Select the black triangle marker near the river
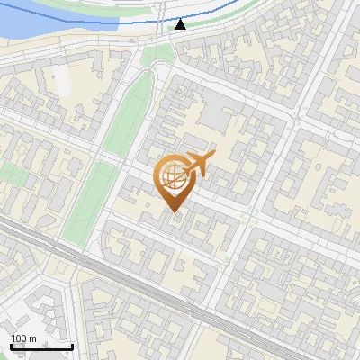[181, 24]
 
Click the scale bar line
[41, 346]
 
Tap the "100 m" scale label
[23, 338]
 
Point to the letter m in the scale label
[32, 338]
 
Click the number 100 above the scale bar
[19, 338]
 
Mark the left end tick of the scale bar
[11, 345]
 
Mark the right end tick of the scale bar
[72, 345]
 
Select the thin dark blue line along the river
[108, 19]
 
